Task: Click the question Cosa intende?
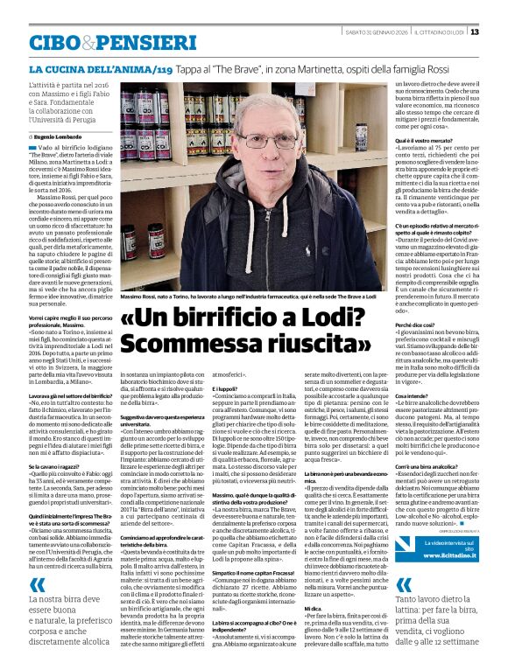407,396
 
